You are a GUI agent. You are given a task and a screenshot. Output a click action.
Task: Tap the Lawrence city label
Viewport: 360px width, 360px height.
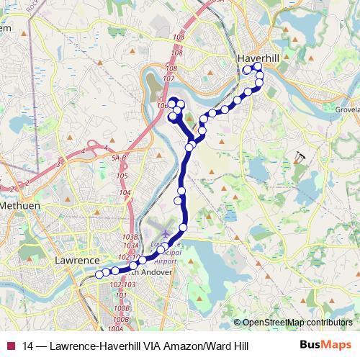coord(77,260)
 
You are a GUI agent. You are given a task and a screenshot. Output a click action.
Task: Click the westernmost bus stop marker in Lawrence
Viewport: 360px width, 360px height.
coord(99,274)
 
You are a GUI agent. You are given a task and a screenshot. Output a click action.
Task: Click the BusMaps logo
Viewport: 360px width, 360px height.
coord(325,345)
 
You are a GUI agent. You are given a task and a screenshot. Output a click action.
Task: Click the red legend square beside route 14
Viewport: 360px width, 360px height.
coord(11,346)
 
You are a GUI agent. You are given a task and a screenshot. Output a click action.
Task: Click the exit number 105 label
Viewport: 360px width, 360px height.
coord(122,176)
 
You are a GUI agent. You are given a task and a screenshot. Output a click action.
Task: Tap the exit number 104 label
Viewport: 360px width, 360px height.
coord(125,193)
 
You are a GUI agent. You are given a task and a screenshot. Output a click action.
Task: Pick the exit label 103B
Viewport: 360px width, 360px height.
coord(130,236)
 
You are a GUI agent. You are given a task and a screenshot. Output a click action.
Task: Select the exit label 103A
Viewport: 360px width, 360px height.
coord(130,246)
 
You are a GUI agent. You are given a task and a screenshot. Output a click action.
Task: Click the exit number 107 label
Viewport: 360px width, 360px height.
coord(170,78)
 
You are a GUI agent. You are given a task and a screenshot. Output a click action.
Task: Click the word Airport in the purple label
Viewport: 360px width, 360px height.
coord(166,262)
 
